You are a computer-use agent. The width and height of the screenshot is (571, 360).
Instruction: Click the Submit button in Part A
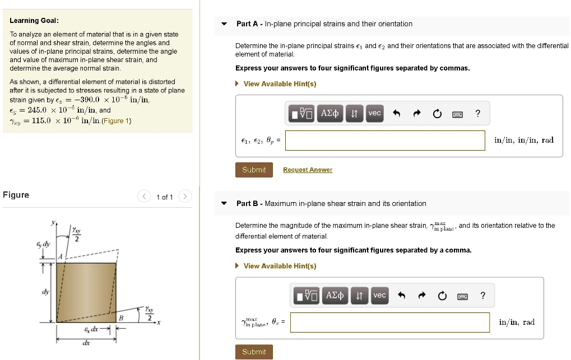[x=254, y=170]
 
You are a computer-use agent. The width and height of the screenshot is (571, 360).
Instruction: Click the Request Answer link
[x=307, y=170]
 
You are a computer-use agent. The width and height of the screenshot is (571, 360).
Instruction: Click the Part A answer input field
[x=385, y=141]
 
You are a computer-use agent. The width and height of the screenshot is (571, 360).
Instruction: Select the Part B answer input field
[x=389, y=322]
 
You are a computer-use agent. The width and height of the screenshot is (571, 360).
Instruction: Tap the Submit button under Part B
[x=254, y=352]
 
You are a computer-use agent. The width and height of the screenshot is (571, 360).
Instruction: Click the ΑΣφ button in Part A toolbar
[x=329, y=114]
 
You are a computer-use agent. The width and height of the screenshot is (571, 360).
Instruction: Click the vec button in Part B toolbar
[x=379, y=296]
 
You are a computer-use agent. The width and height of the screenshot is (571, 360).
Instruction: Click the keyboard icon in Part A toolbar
[x=457, y=114]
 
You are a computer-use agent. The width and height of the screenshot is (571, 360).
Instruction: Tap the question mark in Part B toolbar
[x=482, y=296]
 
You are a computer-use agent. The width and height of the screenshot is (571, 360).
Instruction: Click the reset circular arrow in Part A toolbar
[x=437, y=114]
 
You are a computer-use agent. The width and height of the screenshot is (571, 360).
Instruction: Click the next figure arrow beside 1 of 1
[x=185, y=197]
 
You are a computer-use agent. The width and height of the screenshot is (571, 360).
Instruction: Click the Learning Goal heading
[x=34, y=21]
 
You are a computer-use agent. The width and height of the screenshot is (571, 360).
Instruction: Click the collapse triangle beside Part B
[x=224, y=204]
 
